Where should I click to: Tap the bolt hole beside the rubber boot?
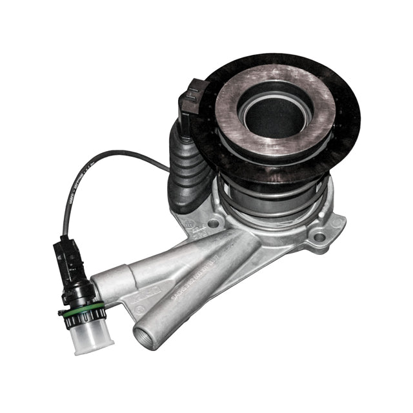[x=213, y=224]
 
